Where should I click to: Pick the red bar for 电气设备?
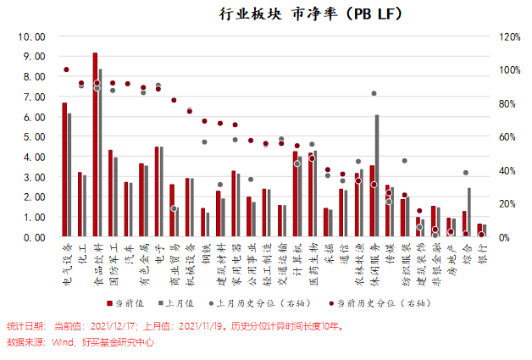point(64,169)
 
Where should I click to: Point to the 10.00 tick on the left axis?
point(31,37)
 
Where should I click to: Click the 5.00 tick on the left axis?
point(31,137)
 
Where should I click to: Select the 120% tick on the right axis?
point(510,37)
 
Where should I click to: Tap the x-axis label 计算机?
point(296,258)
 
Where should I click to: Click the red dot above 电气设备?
point(66,69)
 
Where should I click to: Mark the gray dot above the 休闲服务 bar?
point(374,93)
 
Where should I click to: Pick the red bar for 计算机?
point(295,195)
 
